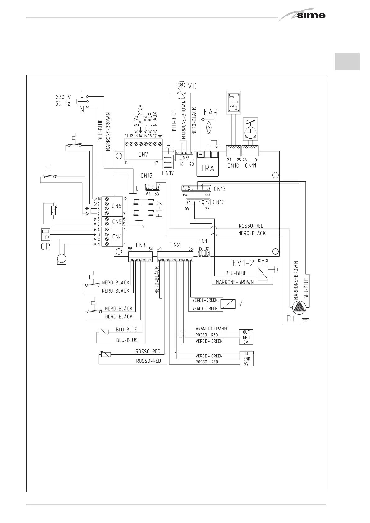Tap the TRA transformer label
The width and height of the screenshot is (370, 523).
tap(207, 168)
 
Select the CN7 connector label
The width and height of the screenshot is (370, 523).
tap(143, 154)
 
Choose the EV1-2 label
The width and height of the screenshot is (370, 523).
tap(243, 263)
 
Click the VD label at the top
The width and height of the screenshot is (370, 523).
tap(193, 86)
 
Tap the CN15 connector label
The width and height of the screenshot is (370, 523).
tap(146, 176)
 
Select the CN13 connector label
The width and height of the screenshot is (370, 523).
tap(219, 189)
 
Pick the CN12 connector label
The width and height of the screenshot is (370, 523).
tap(218, 202)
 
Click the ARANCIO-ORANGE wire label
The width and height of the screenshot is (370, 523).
tap(212, 329)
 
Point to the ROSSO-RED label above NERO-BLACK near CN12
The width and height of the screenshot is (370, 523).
tap(251, 226)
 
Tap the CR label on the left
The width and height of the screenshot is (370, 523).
tap(45, 247)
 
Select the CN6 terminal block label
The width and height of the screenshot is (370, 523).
tap(116, 206)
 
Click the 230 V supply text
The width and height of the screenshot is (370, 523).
tap(63, 97)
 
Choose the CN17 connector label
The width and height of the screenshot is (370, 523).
tap(168, 173)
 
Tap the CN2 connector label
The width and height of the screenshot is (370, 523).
tap(175, 245)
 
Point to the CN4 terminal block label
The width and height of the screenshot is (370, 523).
tap(116, 237)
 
